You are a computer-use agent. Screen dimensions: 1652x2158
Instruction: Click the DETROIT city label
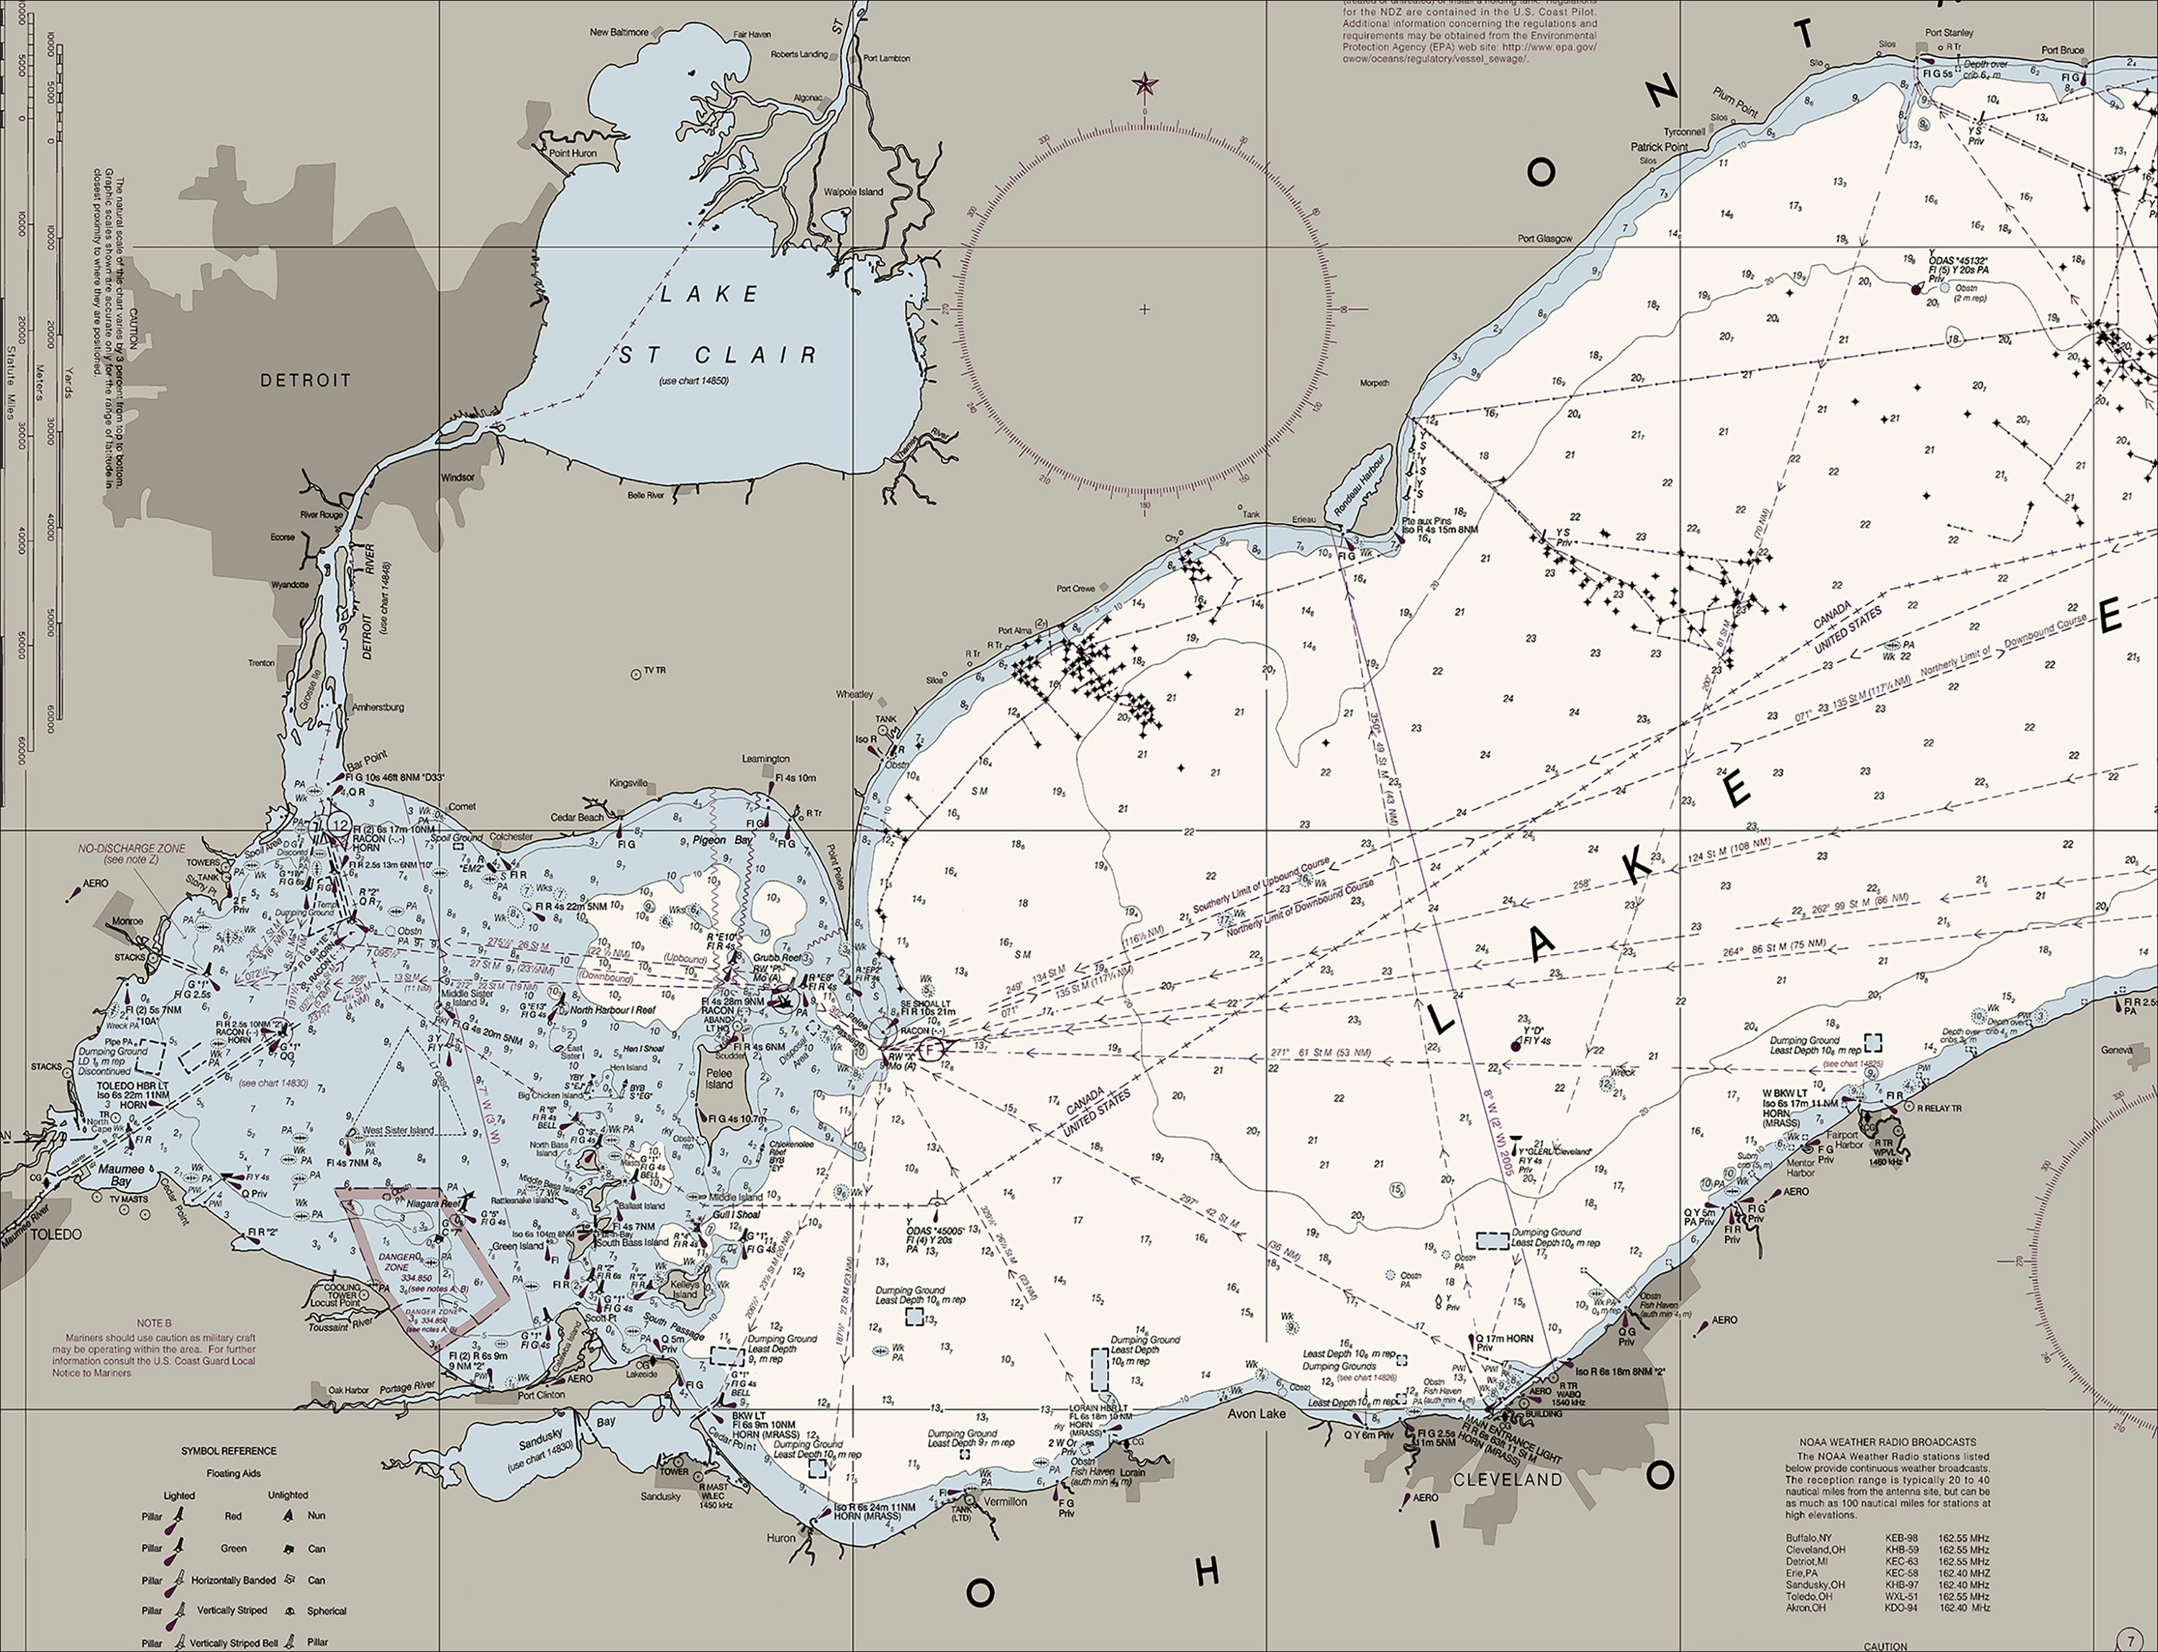point(305,381)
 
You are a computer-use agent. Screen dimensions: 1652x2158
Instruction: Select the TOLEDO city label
point(55,1234)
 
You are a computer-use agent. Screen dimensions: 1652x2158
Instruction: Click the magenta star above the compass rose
point(1144,85)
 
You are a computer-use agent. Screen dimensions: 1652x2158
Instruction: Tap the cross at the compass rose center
point(1144,309)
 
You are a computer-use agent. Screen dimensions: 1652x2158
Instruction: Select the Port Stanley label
point(1949,32)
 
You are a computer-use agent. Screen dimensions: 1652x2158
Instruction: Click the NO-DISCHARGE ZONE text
point(132,848)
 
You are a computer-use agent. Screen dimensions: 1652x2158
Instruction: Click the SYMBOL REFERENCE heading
point(228,1451)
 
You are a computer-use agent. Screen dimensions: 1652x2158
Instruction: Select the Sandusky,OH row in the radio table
point(1887,1584)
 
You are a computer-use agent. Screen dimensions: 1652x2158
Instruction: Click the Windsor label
point(457,478)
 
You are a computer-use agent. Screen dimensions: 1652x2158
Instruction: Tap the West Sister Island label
point(399,1130)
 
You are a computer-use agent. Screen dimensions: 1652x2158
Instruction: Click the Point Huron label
point(572,153)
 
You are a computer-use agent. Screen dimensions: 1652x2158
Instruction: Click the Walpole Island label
point(852,191)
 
